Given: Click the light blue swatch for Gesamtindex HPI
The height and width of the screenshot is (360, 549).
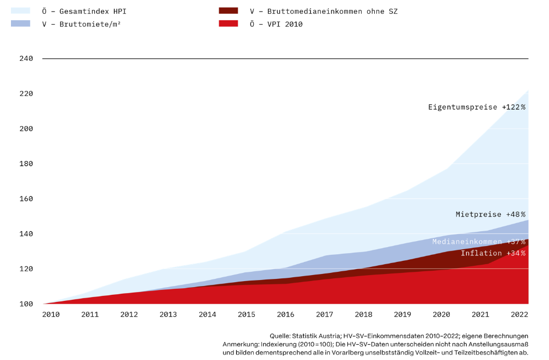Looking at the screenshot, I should click(x=20, y=10).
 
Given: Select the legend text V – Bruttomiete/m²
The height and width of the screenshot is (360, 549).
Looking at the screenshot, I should click(x=81, y=24).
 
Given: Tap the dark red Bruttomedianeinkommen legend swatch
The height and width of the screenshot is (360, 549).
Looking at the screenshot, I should click(x=228, y=10).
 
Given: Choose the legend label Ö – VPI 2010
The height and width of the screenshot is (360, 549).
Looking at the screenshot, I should click(x=276, y=24).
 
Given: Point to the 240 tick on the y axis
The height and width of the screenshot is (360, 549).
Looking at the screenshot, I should click(x=26, y=59).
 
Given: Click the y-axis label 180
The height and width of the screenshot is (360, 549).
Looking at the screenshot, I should click(x=26, y=164).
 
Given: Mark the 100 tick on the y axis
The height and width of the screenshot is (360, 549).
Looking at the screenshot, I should click(x=26, y=304).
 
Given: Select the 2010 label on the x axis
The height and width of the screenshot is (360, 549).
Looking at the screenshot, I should click(x=52, y=315).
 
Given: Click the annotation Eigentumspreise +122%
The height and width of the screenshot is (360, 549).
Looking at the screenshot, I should click(x=477, y=107).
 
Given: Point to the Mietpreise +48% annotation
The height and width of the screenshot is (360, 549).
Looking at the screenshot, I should click(x=490, y=214).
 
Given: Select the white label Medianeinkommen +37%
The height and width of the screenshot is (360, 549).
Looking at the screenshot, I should click(x=478, y=242).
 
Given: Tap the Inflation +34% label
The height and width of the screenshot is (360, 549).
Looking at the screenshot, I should click(x=493, y=253).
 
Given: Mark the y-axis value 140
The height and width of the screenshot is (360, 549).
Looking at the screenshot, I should click(x=26, y=234).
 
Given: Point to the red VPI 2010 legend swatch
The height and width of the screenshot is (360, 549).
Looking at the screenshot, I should click(x=228, y=24).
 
